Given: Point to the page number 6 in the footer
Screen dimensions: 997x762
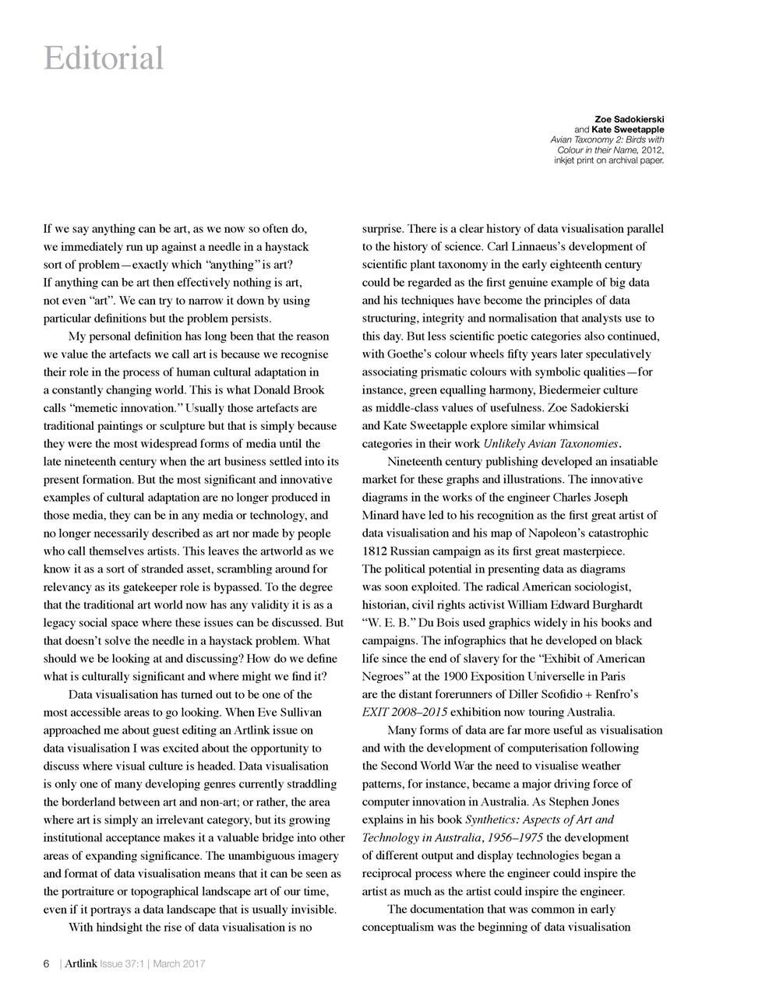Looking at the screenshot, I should (x=46, y=964).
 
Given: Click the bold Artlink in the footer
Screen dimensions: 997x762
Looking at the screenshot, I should (x=81, y=964).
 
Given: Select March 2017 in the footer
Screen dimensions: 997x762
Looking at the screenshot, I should (x=179, y=964).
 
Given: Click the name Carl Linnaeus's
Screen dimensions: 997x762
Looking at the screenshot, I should (x=528, y=247).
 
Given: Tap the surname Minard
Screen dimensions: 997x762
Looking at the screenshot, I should (x=382, y=516).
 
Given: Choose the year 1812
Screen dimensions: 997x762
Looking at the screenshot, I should (x=376, y=551).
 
